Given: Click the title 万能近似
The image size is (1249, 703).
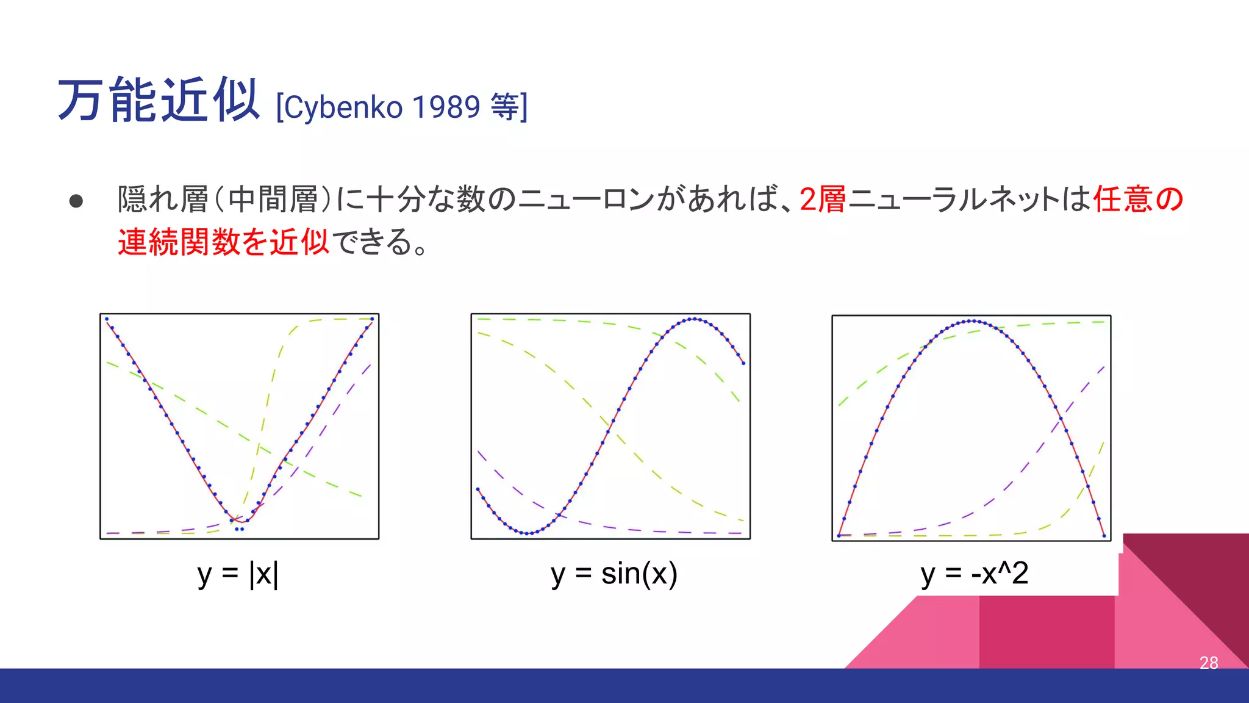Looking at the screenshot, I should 159,101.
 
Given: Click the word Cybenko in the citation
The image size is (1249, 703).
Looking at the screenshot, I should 343,108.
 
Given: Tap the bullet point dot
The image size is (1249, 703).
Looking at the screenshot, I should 76,201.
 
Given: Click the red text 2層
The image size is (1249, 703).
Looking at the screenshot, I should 822,200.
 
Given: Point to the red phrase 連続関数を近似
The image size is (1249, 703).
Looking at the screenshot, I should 223,242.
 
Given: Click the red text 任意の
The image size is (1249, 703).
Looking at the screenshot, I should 1138,200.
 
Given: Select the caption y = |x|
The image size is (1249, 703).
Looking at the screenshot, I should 238,574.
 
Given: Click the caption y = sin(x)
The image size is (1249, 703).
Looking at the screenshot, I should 614,574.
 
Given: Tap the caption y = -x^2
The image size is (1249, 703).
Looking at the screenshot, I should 974,574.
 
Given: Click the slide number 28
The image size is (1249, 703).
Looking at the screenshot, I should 1208,663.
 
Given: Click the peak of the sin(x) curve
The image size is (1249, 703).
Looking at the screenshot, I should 694,319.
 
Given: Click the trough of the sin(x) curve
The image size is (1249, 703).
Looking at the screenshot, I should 528,533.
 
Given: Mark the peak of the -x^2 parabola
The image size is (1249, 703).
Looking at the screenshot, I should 972,321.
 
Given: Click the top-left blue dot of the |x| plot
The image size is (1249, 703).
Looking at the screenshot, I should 107,319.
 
